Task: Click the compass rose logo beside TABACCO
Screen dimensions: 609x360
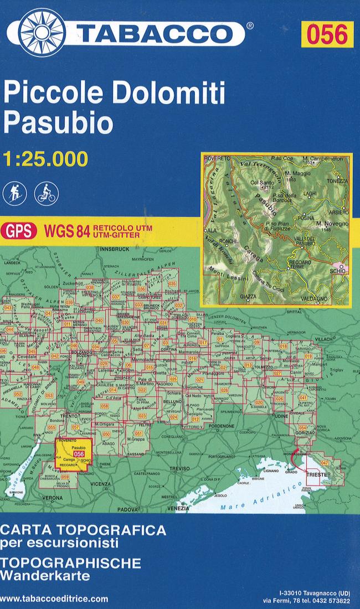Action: coord(43,33)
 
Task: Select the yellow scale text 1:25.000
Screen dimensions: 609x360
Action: coord(45,159)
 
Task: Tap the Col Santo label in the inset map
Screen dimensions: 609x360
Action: coord(263,183)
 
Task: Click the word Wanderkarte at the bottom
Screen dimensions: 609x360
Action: coord(45,575)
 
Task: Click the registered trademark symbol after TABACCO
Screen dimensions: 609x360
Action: coord(250,25)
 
